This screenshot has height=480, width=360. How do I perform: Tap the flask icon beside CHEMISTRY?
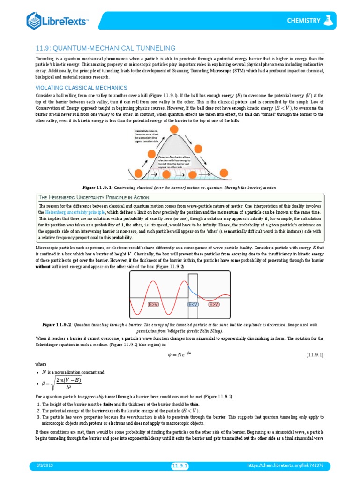pyautogui.click(x=330, y=20)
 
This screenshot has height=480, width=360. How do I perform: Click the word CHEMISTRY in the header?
pyautogui.click(x=304, y=21)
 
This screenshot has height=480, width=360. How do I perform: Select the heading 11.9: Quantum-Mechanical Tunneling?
pyautogui.click(x=106, y=48)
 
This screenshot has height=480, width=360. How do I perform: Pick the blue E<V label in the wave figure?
pyautogui.click(x=194, y=304)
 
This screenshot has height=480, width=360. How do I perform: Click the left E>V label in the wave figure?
pyautogui.click(x=153, y=304)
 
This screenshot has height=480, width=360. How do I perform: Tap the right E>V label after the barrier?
pyautogui.click(x=214, y=304)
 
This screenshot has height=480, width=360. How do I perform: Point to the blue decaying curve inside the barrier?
pyautogui.click(x=194, y=292)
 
